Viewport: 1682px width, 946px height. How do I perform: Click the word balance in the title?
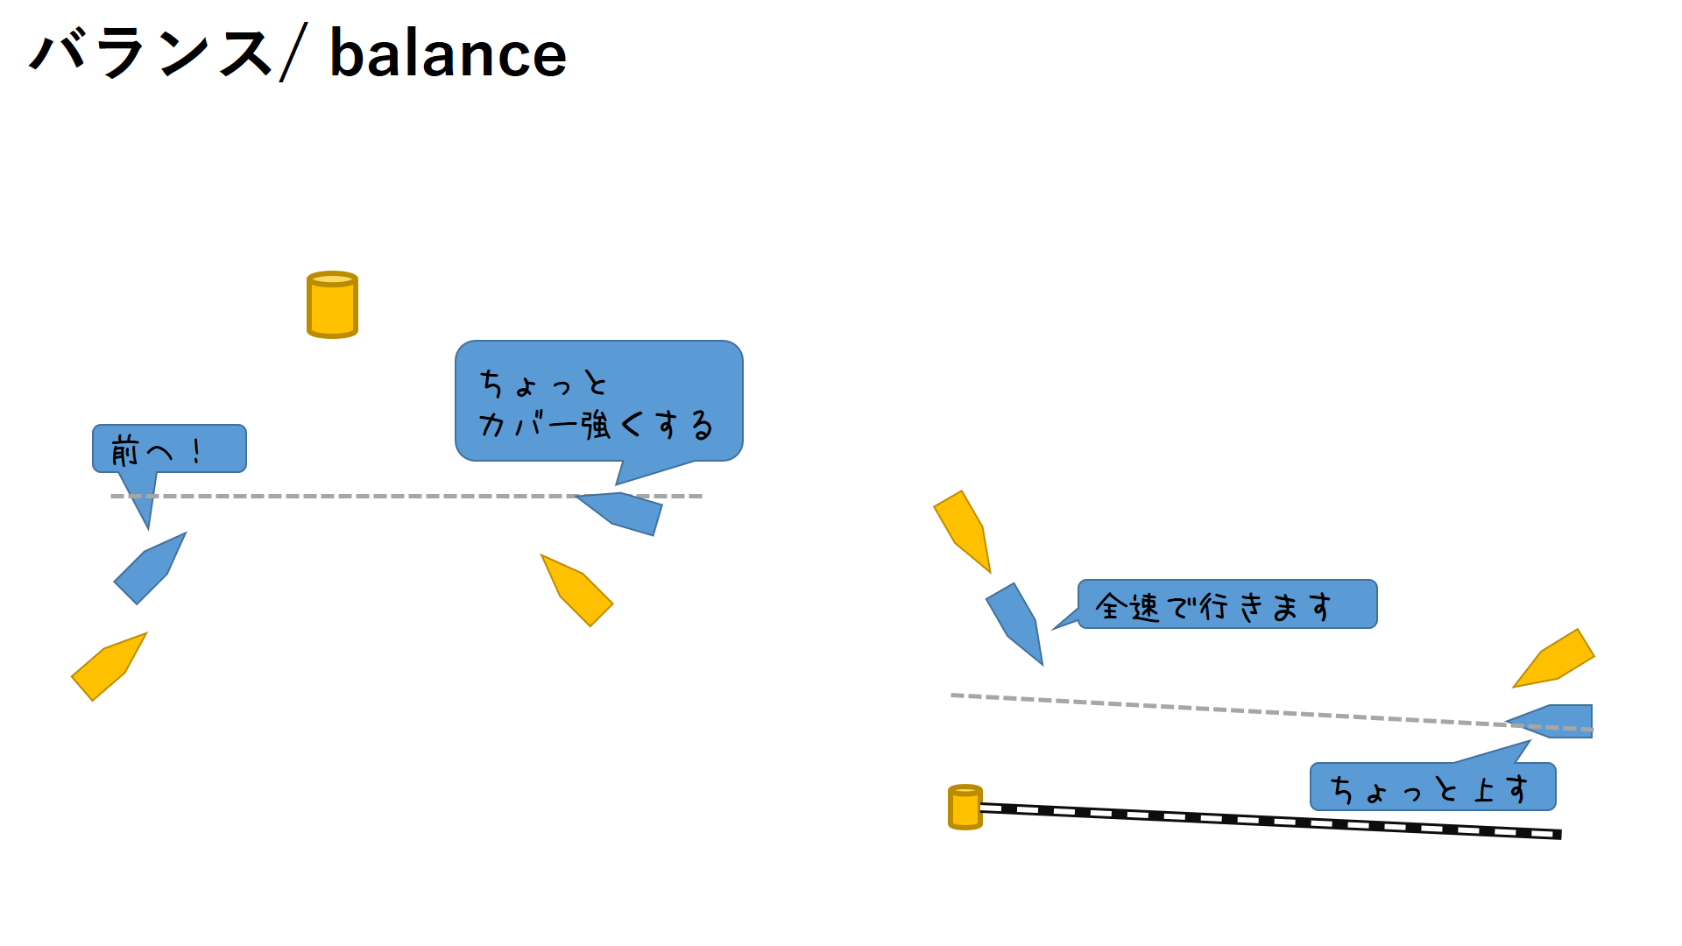448,54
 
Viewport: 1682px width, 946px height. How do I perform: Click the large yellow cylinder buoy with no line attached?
332,305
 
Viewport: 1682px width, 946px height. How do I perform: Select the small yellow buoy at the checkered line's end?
965,808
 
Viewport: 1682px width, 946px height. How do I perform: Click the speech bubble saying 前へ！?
169,449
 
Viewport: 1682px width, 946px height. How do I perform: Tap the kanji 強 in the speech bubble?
596,426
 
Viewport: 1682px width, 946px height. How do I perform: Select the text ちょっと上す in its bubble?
1429,788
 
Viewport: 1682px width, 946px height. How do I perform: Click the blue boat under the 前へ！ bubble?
150,568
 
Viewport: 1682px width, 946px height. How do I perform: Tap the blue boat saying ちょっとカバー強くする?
623,512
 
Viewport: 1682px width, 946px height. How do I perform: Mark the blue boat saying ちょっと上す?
1555,721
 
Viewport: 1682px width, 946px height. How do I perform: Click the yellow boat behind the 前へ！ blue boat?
109,667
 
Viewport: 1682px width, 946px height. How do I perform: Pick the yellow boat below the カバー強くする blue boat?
577,591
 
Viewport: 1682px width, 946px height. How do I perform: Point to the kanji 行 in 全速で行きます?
1214,606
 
